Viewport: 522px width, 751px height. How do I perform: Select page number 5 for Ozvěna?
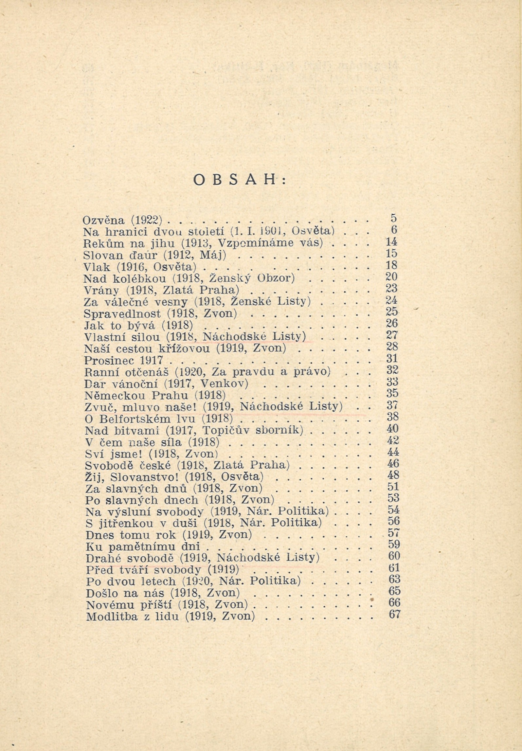(393, 218)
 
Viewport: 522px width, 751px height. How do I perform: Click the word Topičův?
(222, 430)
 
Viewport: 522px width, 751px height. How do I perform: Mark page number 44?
(392, 453)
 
